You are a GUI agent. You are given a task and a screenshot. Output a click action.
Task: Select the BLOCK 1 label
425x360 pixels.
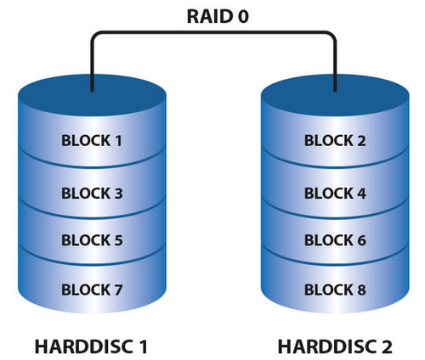coord(92,140)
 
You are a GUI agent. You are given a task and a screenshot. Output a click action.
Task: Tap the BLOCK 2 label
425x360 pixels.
coord(335,140)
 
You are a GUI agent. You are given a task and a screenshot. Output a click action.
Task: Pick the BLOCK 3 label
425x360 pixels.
coord(92,193)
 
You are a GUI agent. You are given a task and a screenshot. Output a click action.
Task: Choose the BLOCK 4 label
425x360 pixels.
coord(335,193)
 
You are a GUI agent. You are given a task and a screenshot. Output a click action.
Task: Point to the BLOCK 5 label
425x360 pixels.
coord(92,240)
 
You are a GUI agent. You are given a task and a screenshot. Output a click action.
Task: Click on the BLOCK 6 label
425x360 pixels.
coord(335,240)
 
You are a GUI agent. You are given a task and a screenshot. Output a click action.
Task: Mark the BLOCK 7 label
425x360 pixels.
coord(92,290)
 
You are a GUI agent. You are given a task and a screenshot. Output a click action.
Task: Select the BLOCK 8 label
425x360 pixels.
coord(335,290)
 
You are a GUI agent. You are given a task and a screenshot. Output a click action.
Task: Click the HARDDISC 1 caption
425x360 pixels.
coord(92,346)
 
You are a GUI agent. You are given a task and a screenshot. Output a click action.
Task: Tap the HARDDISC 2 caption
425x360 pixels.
coord(335,346)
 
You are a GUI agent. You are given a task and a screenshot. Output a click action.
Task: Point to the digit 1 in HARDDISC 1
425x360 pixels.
coord(146,346)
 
